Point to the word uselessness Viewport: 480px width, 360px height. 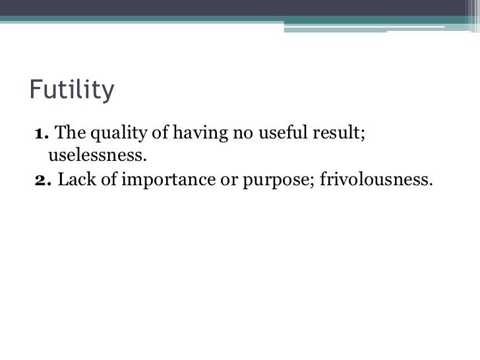pyautogui.click(x=96, y=157)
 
